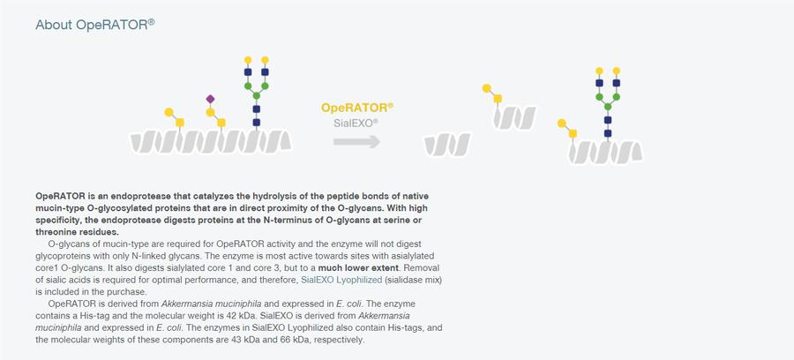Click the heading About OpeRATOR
(x=94, y=25)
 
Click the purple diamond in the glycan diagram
(x=210, y=99)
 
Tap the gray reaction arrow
(x=356, y=142)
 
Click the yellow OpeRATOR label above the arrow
(x=357, y=108)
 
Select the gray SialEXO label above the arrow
(x=356, y=123)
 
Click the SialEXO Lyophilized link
(x=341, y=280)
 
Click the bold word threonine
(x=54, y=232)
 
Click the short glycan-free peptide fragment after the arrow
(x=447, y=145)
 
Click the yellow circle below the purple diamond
(x=210, y=112)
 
